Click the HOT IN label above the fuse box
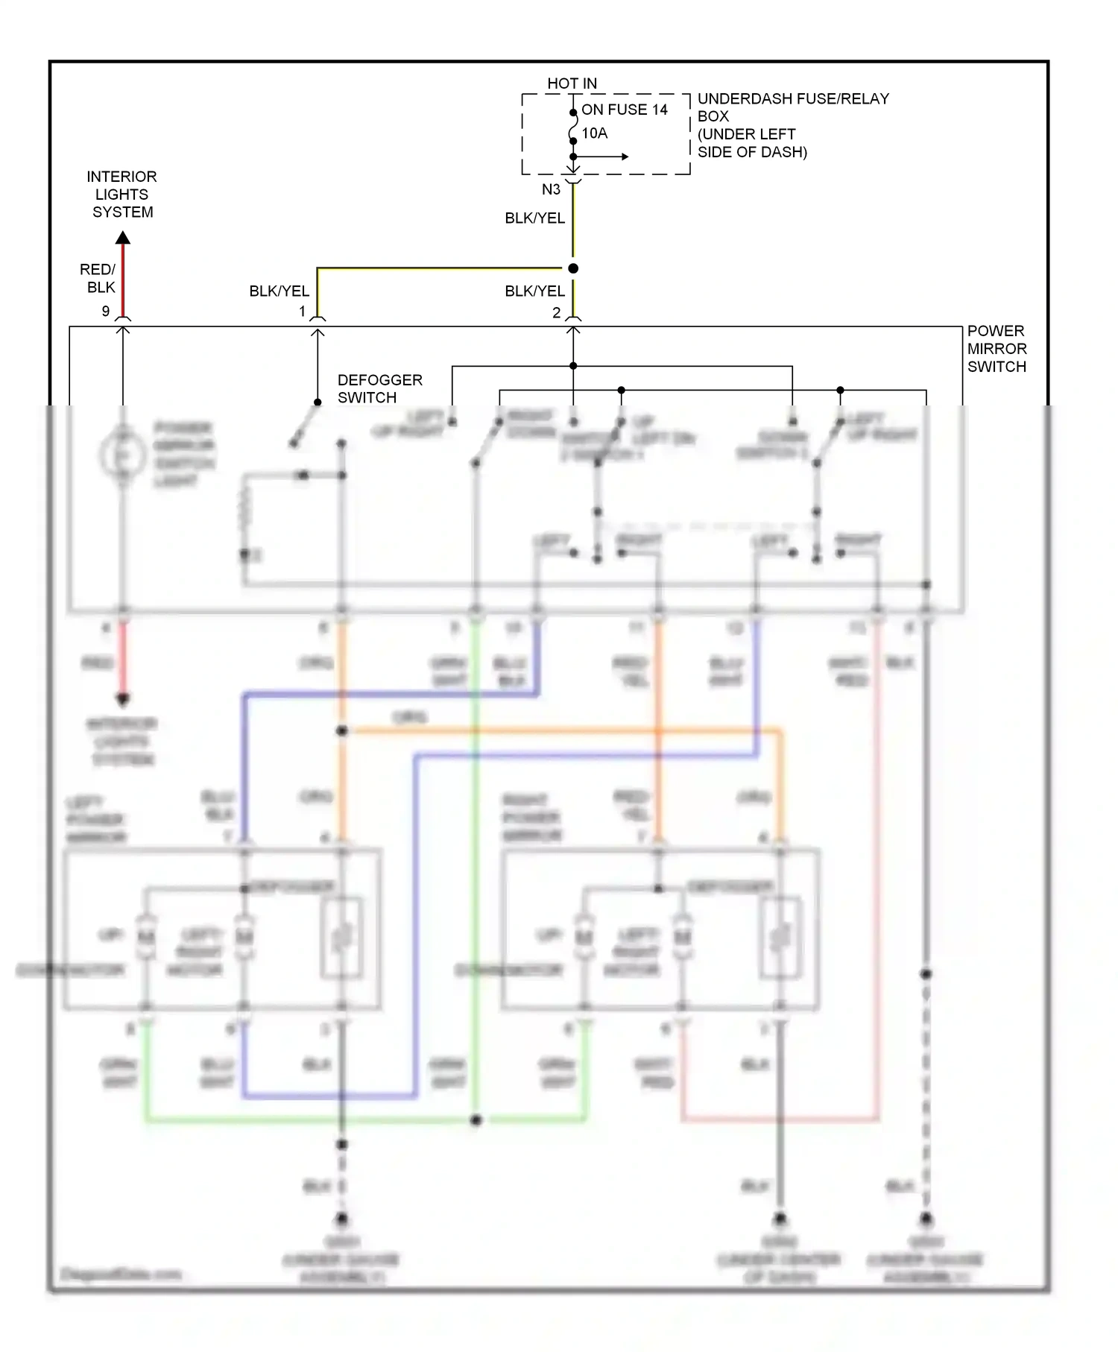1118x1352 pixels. tap(572, 83)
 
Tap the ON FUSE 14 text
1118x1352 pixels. tap(625, 110)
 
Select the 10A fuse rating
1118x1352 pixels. tap(595, 133)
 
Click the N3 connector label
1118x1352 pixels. tap(551, 189)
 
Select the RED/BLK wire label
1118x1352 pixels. tap(98, 278)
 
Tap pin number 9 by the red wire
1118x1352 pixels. tap(106, 311)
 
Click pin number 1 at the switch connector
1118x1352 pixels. tap(303, 312)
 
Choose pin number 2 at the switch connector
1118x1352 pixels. tap(556, 313)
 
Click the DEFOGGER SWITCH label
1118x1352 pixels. tap(379, 388)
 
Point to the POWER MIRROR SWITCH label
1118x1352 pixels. tap(997, 348)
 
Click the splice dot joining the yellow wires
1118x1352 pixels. tap(573, 268)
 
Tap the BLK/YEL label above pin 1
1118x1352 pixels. tap(279, 291)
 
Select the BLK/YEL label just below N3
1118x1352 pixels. tap(534, 218)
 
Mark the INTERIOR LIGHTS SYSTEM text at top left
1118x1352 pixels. tap(121, 194)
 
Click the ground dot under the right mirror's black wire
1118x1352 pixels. tap(780, 1219)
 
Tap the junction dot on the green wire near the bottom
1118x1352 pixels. tap(476, 1120)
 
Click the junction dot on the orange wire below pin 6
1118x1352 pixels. tap(342, 731)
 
